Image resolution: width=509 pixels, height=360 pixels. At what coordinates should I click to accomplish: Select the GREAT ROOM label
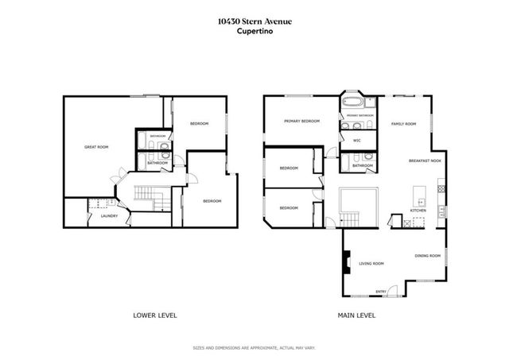pos(96,147)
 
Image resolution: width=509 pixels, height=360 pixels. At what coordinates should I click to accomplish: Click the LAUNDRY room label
pos(109,216)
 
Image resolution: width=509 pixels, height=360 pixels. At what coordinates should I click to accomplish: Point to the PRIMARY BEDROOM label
pos(301,121)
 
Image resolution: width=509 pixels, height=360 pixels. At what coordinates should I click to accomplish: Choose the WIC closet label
pos(357,141)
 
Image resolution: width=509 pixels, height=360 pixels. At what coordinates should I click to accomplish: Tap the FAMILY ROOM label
pos(404,124)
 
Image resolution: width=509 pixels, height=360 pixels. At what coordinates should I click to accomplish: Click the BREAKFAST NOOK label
pos(425,160)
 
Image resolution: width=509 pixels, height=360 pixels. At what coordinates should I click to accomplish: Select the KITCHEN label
pos(418,210)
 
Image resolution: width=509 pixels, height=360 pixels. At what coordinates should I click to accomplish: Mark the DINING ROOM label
pos(428,256)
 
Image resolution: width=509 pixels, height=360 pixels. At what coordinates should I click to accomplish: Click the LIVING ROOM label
pos(371,263)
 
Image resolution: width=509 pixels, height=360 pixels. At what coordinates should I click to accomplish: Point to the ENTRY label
pos(380,291)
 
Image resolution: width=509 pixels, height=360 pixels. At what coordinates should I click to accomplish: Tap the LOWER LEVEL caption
pos(154,315)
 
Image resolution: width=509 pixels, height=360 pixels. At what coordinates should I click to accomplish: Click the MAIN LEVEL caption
pos(355,315)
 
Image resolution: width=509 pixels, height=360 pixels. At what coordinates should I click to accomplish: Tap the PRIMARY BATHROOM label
pos(360,115)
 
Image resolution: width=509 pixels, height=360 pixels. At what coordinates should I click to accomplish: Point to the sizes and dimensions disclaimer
pos(254,348)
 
